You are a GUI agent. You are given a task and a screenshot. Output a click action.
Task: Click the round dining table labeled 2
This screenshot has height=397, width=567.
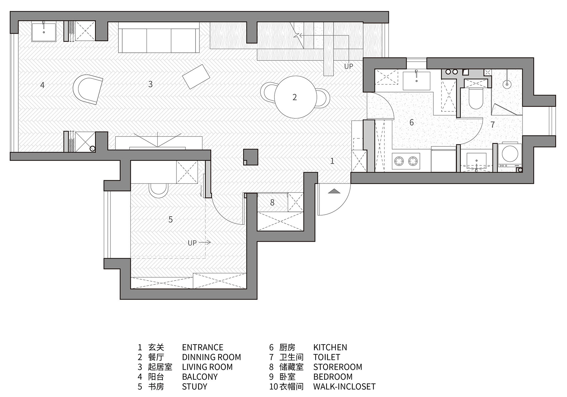[295, 97]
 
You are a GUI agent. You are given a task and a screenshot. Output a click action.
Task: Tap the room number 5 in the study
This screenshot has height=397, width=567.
[170, 220]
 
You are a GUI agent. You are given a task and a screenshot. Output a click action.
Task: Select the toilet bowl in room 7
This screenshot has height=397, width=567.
[475, 99]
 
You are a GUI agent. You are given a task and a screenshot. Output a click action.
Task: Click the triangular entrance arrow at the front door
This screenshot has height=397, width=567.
[334, 191]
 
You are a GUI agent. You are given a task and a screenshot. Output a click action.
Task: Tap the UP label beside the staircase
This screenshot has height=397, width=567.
[349, 66]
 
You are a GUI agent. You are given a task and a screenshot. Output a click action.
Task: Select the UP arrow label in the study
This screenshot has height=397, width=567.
[199, 243]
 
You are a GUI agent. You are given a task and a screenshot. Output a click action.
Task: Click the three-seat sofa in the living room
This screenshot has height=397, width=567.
[159, 41]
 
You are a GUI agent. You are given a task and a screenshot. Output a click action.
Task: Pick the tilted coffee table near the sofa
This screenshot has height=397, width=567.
[196, 76]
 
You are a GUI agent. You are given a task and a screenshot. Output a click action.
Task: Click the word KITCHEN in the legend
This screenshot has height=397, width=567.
[330, 347]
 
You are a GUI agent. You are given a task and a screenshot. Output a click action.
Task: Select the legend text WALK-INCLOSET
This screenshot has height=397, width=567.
[344, 387]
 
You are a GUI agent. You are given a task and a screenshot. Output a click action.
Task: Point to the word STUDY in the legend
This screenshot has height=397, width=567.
[194, 387]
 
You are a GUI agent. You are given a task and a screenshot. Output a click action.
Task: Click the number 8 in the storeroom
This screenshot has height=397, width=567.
[272, 203]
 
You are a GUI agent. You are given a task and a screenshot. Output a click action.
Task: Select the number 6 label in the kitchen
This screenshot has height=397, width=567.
[412, 122]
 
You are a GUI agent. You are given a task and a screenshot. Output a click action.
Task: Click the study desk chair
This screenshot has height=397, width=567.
[158, 190]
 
